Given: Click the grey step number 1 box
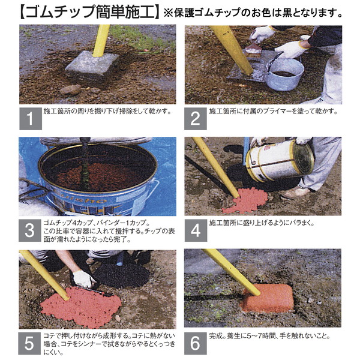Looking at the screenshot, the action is pos(31,119).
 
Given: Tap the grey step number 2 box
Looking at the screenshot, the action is pos(196,119).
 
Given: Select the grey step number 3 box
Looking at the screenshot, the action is pos(30,230).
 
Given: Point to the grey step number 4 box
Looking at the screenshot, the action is pos(196,230).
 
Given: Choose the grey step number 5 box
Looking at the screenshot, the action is pos(29,343).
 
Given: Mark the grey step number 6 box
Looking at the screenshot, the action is pos(196,343).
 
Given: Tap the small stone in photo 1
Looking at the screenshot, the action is pos(70,89).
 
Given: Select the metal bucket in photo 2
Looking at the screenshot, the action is pos(285,74).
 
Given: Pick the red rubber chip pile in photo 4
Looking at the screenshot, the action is pos(246,200).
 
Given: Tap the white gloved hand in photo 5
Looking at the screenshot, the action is pos(83,279).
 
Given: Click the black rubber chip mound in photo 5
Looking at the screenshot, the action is pos(122,275).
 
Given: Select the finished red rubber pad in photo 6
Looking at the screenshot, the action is pos(267,298).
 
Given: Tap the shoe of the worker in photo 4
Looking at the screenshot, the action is pos(295,193).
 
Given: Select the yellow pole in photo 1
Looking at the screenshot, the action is pos(101,41).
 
